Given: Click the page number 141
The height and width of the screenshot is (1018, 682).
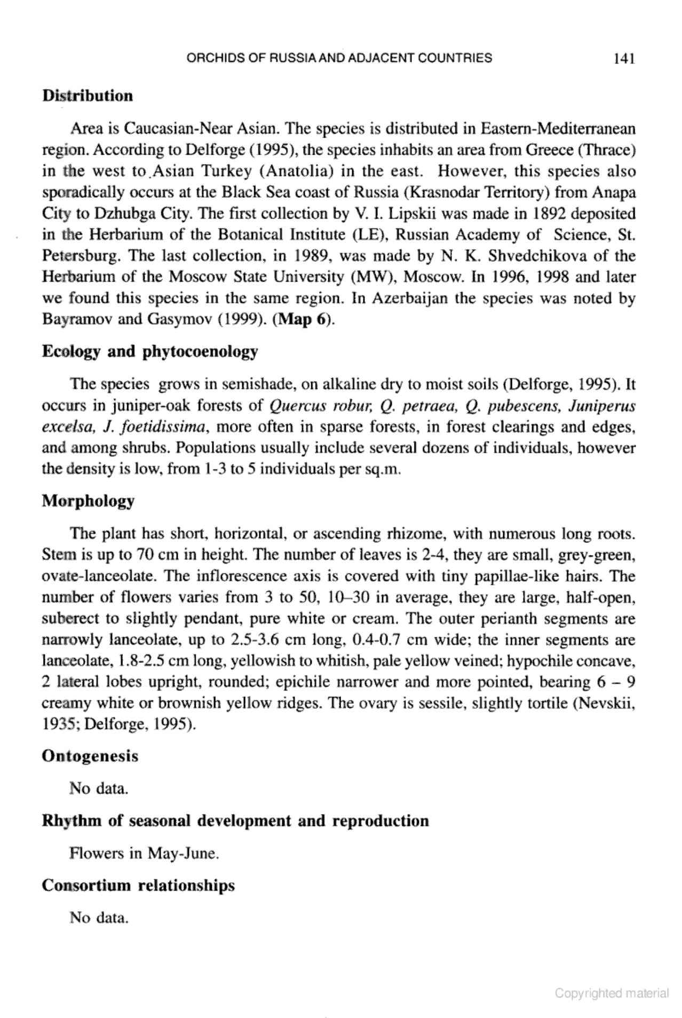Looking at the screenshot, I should pos(623,59).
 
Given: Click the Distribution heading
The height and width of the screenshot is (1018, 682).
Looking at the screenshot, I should pos(88,96).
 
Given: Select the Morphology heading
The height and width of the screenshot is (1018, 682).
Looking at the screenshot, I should pos(88,501).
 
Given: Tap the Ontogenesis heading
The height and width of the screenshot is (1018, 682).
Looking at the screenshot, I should pos(90,756).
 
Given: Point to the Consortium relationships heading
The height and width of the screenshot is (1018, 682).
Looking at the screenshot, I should pos(138,885).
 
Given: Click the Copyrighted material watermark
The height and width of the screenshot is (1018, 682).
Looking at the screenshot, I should pos(612,993).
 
